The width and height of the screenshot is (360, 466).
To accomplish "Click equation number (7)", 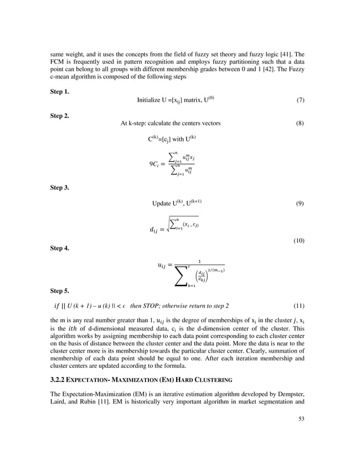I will [301, 100].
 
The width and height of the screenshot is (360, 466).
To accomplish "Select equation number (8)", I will [301, 123].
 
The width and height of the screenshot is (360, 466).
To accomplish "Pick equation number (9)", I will [301, 203].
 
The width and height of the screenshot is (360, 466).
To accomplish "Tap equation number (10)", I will [299, 241].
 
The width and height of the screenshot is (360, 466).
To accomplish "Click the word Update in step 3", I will [163, 203].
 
